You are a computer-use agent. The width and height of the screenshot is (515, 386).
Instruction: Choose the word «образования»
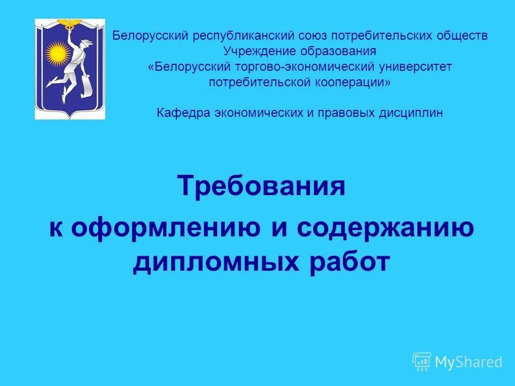point(340,51)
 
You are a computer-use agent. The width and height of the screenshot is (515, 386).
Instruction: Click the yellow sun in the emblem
point(58,53)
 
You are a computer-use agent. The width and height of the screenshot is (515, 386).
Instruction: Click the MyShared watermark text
point(468,362)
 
